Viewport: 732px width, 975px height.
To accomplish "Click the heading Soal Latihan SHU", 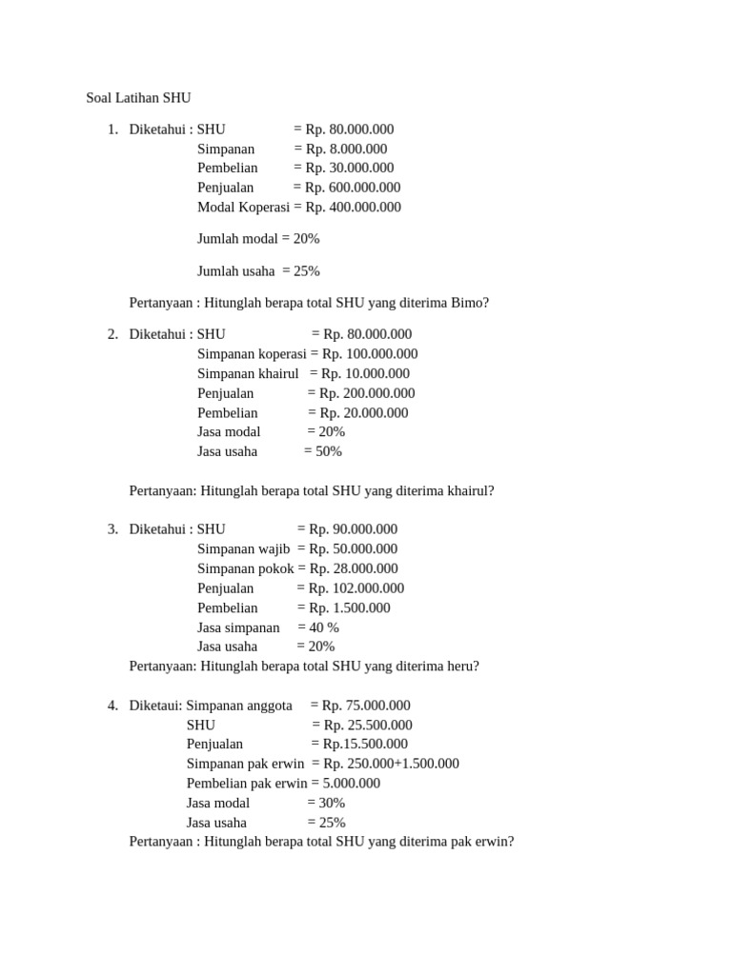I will coord(138,97).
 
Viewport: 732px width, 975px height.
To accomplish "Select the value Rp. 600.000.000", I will coord(353,188).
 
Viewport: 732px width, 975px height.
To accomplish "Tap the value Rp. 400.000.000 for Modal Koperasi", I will coord(354,207).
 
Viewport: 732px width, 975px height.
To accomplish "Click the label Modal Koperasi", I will coord(243,207).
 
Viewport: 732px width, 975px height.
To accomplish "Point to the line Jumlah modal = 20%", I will coord(258,239).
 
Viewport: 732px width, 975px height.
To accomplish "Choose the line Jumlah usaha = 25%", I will coord(258,271).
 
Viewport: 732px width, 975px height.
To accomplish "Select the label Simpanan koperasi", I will coord(252,354).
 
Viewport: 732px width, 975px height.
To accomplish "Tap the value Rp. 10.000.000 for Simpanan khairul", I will coord(365,373).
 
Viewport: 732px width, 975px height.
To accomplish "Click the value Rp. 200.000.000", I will coord(367,393).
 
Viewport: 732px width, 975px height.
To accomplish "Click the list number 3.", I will coord(112,529).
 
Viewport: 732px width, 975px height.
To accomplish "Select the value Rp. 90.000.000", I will coord(354,529).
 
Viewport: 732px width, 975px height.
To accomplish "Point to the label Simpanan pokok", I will coord(245,568).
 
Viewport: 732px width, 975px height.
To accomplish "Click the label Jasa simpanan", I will coord(238,627).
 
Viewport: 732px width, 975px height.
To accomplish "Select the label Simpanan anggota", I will coord(239,706).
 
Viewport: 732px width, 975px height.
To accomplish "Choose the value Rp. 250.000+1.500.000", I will coord(391,764).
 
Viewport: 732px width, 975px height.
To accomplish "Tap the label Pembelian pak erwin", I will coord(247,784).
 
